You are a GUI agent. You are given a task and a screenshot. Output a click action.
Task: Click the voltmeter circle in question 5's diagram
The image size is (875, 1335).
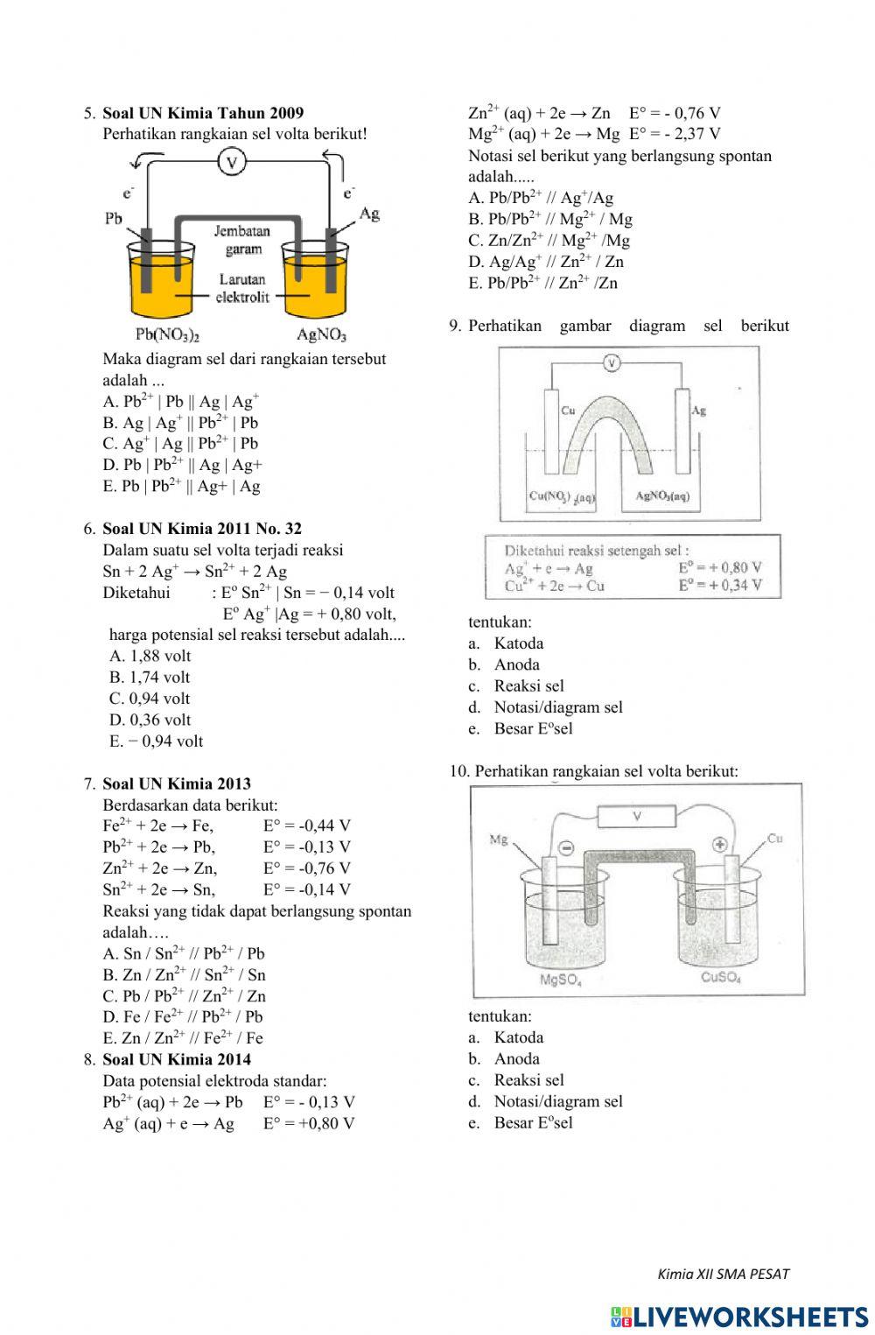tap(232, 161)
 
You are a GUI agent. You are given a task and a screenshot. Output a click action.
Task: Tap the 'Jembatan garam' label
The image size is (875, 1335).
tap(242, 240)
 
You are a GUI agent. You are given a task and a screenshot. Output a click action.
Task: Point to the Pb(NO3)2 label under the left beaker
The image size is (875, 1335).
tap(169, 334)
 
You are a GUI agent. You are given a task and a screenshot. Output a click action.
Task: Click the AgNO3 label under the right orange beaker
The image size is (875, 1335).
tap(321, 334)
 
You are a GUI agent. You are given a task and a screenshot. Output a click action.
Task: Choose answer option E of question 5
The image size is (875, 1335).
tap(182, 486)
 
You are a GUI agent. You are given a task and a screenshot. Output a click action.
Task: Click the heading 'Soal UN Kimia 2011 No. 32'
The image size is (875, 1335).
tap(202, 529)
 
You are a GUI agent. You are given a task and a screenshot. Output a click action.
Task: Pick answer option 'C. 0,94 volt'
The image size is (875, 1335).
tap(150, 699)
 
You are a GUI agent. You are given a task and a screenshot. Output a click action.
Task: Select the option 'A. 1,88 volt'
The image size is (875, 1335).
tap(150, 656)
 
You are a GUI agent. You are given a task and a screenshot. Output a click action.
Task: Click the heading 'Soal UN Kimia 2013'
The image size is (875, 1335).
tap(177, 783)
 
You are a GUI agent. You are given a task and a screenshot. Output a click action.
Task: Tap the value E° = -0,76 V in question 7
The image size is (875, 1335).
tap(306, 868)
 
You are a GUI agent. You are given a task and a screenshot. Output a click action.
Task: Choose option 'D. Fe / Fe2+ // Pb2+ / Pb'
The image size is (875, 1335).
tap(182, 1016)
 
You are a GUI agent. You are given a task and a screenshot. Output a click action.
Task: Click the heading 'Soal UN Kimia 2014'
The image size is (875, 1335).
tap(177, 1059)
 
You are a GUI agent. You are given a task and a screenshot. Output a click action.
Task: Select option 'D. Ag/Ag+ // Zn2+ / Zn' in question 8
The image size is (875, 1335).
tap(546, 262)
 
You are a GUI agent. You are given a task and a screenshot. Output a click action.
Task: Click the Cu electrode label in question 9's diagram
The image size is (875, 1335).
tap(568, 410)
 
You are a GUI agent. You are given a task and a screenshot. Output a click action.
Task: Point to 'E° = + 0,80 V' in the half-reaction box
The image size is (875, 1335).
tap(719, 568)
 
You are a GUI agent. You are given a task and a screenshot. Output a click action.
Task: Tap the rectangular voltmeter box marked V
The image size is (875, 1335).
tap(637, 817)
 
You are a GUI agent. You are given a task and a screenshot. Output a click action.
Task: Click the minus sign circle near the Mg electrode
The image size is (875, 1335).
tap(566, 847)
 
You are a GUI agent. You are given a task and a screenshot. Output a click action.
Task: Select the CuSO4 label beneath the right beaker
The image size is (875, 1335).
tap(721, 978)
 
